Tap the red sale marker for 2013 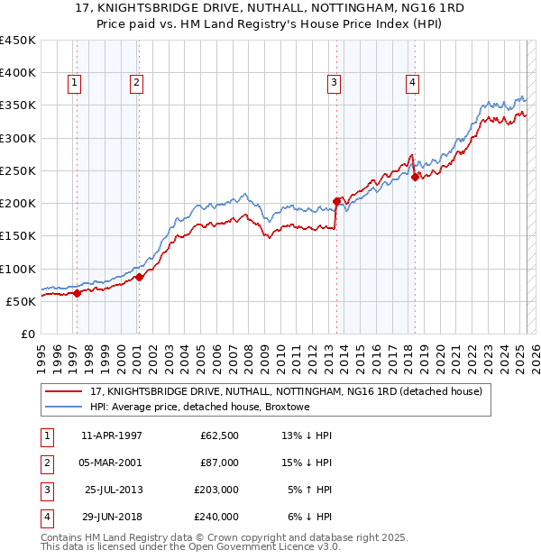pyautogui.click(x=337, y=201)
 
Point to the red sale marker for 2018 pyautogui.click(x=416, y=177)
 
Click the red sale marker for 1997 pyautogui.click(x=77, y=292)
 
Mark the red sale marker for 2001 pyautogui.click(x=140, y=277)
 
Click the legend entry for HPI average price pyautogui.click(x=200, y=407)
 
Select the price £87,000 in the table pyautogui.click(x=220, y=463)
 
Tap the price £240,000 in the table pyautogui.click(x=217, y=517)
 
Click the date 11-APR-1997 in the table pyautogui.click(x=112, y=435)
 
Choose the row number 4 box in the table pyautogui.click(x=45, y=517)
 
